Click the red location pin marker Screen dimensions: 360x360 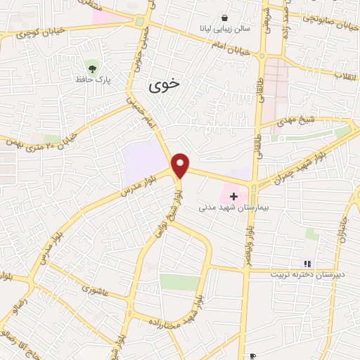coord(181,165)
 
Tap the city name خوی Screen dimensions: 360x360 coord(164,84)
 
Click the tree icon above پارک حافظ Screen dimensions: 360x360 coord(91,66)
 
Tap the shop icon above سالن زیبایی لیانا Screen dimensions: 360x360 coord(224,18)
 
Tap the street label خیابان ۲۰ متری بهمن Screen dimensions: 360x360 coord(42,134)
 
